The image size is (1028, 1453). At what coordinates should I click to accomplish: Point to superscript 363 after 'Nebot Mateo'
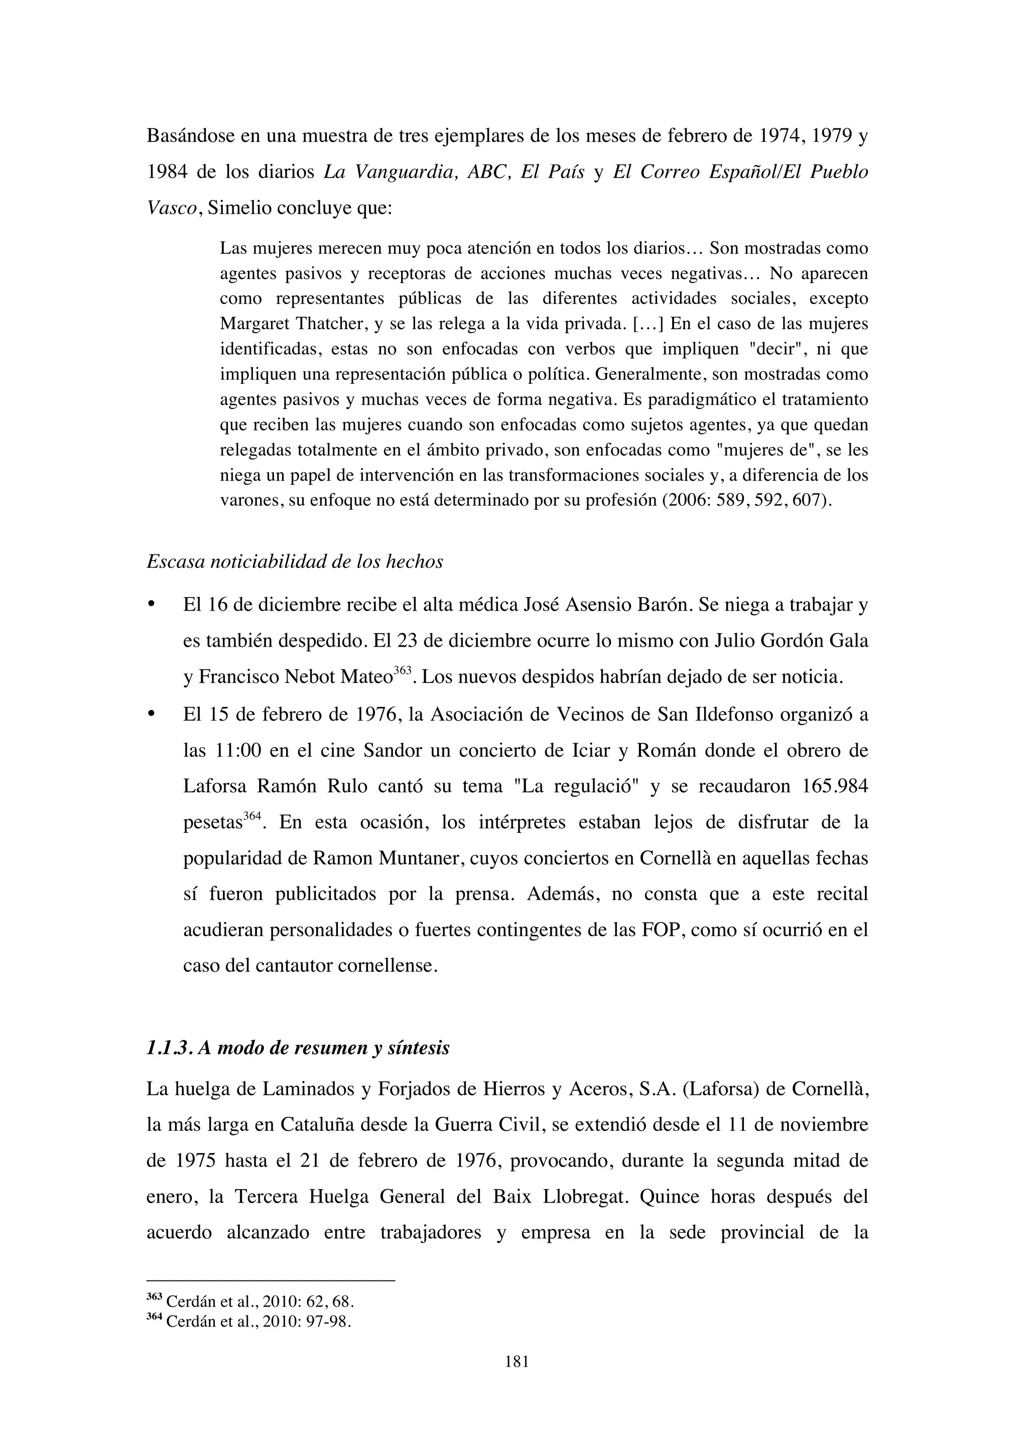click(403, 671)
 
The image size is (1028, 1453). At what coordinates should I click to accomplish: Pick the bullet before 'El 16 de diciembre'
click(151, 605)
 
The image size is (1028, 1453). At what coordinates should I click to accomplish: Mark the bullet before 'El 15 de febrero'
click(151, 714)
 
